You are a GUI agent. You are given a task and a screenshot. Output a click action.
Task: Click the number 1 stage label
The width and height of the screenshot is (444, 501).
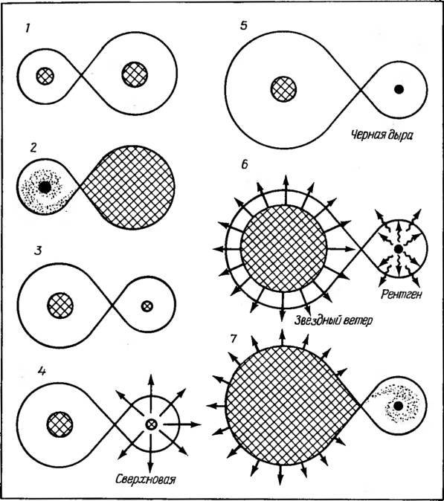coord(28,29)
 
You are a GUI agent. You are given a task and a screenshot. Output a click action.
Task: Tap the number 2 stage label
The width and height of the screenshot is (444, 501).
coord(33,148)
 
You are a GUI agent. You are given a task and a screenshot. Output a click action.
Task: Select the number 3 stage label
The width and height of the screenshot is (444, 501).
coord(38,250)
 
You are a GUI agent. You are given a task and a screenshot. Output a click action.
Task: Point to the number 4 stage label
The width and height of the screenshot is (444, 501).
coord(42,371)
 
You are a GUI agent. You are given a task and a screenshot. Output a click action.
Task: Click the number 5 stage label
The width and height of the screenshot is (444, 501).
coord(244,25)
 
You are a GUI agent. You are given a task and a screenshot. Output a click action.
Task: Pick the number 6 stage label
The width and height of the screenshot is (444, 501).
coord(245,164)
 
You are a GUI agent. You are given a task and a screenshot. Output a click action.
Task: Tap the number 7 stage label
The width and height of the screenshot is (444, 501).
coord(234,339)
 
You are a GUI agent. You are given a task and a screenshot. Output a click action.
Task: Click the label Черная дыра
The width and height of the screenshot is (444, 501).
coord(382,135)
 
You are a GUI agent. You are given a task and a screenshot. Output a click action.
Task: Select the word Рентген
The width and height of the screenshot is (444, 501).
coord(402,294)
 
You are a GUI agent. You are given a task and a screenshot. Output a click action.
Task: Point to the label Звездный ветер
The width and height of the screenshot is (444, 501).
coord(333,320)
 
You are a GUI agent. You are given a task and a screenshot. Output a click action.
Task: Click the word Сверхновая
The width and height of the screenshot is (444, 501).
coord(146,479)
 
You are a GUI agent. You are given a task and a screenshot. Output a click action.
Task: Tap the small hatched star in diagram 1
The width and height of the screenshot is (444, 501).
coord(45,76)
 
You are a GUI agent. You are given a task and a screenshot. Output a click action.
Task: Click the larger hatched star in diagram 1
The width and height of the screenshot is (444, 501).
coord(135,74)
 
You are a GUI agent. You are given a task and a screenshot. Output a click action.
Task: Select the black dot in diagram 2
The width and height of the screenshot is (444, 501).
coord(45,187)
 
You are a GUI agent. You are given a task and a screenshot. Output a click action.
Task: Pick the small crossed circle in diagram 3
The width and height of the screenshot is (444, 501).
coord(147,306)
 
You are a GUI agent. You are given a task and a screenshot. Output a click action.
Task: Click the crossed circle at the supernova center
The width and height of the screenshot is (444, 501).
coord(151,424)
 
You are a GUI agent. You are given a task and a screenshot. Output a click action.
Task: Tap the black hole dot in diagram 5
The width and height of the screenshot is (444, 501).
coord(399,89)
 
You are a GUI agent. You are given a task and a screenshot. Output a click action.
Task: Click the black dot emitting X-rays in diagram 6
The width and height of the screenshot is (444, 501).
coord(399,248)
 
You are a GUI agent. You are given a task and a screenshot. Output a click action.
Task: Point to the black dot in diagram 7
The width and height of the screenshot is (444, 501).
coord(399,406)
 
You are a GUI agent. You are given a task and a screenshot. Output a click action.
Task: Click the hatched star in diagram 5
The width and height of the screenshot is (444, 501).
coord(283,89)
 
